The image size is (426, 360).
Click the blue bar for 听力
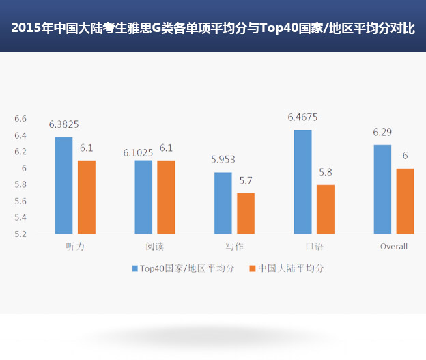(x=63, y=185)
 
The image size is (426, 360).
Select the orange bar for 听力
(x=87, y=197)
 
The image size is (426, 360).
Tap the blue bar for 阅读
(x=143, y=197)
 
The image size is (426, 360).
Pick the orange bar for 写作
(x=245, y=213)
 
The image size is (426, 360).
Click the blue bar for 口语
(x=302, y=182)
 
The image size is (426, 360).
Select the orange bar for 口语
(x=326, y=209)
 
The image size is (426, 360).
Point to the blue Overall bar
(x=382, y=189)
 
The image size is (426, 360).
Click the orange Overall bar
(x=405, y=201)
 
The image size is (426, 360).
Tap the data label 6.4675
(x=302, y=117)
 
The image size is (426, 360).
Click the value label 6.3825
(x=63, y=125)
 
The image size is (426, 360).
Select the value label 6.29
(x=382, y=133)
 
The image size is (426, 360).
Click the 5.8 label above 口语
(x=326, y=172)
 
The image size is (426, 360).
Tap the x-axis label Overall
(x=393, y=246)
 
